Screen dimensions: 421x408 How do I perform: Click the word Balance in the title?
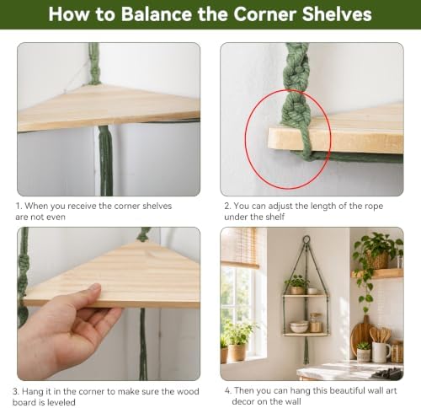(157, 13)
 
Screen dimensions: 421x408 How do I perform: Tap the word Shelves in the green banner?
(337, 13)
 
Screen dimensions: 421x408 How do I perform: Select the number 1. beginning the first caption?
(19, 206)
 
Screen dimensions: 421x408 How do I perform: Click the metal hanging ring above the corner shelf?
(306, 239)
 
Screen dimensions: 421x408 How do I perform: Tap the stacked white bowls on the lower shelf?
(299, 327)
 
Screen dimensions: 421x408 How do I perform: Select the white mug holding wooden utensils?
(381, 352)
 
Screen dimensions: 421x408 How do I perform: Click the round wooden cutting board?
(360, 336)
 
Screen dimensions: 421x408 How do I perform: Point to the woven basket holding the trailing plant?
(376, 260)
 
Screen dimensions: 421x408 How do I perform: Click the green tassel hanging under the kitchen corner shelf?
(306, 352)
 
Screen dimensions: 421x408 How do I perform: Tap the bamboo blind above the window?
(240, 247)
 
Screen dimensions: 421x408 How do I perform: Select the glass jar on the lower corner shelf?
(316, 323)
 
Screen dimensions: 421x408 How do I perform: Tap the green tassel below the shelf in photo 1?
(106, 160)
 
